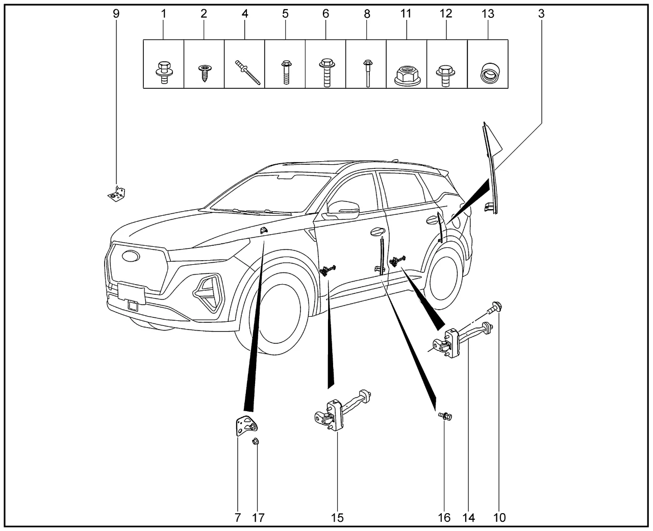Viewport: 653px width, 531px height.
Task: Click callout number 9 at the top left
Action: pyautogui.click(x=116, y=14)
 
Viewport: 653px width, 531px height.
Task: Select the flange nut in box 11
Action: pyautogui.click(x=406, y=75)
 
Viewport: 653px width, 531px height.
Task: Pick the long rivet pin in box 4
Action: pyautogui.click(x=247, y=72)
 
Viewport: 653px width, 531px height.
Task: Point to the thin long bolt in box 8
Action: pyautogui.click(x=366, y=73)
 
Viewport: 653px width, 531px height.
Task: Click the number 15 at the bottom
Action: pyautogui.click(x=337, y=518)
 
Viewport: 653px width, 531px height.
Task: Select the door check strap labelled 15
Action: pyautogui.click(x=339, y=413)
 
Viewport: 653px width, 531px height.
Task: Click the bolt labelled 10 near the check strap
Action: pyautogui.click(x=496, y=307)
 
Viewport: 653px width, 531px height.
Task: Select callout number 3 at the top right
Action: pyautogui.click(x=541, y=14)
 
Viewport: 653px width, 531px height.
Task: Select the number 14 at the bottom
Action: pyautogui.click(x=469, y=518)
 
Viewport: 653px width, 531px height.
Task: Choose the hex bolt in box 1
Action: pyautogui.click(x=163, y=73)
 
